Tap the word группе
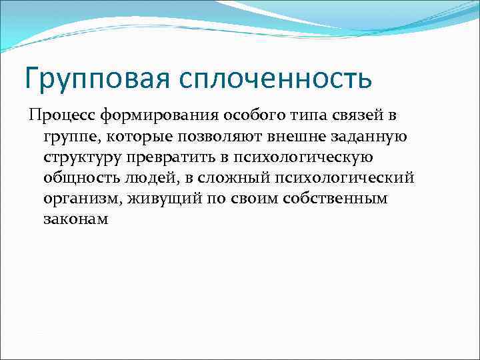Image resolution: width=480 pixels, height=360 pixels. click(69, 137)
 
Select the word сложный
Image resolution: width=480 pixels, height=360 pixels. click(227, 179)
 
